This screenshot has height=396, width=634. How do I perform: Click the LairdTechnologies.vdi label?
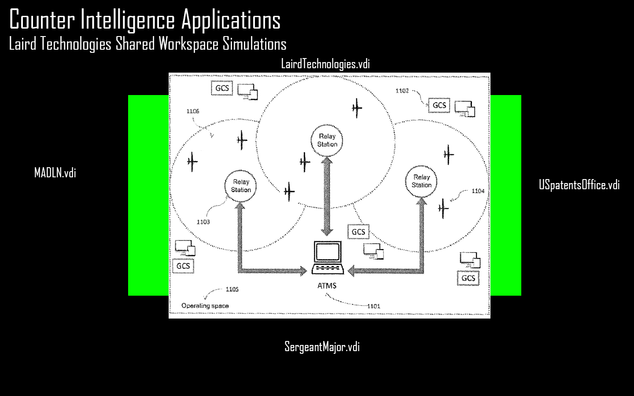click(325, 64)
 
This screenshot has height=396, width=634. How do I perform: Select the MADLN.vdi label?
click(55, 173)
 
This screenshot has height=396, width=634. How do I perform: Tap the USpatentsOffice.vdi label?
click(579, 185)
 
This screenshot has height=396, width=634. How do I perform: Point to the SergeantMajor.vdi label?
click(322, 347)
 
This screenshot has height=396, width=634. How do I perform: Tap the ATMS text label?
click(327, 286)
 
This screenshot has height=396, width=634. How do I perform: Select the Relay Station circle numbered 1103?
click(241, 186)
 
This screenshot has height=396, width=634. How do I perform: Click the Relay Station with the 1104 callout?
click(421, 181)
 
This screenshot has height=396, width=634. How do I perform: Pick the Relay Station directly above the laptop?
click(327, 140)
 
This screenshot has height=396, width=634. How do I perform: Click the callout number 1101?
click(373, 306)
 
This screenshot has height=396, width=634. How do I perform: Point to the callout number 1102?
click(402, 91)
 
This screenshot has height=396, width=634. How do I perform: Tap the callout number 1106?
click(193, 111)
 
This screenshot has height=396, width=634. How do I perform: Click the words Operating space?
click(205, 306)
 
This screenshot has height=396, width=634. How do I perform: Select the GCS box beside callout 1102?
click(439, 106)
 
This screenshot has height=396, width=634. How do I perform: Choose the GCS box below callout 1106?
click(222, 88)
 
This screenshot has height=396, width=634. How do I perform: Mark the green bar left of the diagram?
click(148, 195)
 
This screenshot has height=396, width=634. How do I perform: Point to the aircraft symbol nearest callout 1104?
click(443, 207)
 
